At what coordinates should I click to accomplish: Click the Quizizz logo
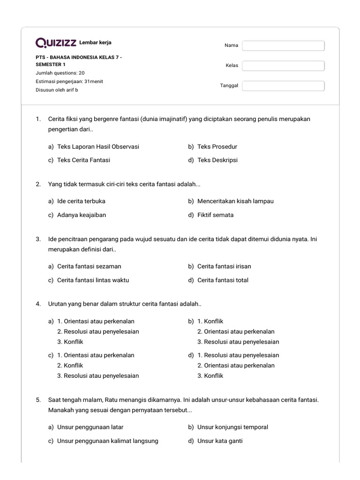(56, 43)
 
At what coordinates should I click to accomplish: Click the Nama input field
(283, 45)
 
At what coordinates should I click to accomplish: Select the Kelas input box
(283, 66)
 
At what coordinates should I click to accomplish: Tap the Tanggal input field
(283, 86)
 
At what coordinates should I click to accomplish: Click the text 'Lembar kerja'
(96, 43)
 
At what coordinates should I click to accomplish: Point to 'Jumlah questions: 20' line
(60, 73)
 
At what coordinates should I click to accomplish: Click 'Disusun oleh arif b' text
(57, 90)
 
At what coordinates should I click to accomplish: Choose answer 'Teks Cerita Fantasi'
(83, 160)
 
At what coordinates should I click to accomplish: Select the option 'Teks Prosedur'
(217, 147)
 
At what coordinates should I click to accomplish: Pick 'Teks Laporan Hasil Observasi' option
(98, 147)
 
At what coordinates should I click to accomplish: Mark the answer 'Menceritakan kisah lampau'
(235, 201)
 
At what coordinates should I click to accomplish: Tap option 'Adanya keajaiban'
(82, 215)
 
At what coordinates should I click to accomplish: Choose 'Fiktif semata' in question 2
(215, 215)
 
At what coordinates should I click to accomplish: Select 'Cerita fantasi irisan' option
(224, 266)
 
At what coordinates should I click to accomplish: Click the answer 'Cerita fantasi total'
(223, 280)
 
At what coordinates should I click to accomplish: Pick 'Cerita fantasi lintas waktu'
(93, 280)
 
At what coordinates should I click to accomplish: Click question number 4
(38, 304)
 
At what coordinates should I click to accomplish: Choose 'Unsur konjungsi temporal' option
(232, 427)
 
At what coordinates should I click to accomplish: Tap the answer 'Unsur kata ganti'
(220, 441)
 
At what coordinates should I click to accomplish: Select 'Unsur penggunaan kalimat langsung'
(107, 441)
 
